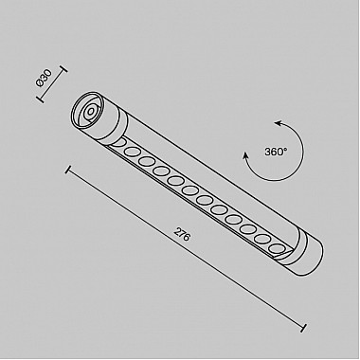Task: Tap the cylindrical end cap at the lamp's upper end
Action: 100,117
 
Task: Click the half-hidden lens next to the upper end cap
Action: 122,138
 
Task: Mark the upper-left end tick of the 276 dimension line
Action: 67,170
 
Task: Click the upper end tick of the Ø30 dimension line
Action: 64,70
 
